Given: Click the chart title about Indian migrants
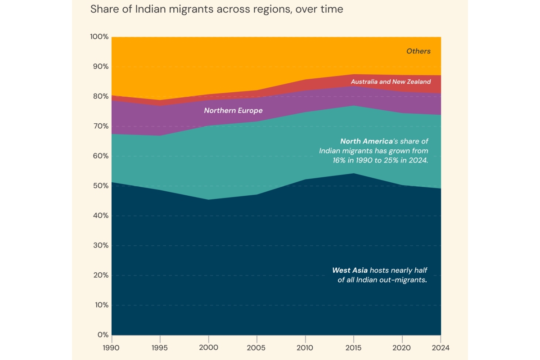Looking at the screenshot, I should (x=216, y=9).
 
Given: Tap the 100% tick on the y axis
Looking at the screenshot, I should (x=99, y=36).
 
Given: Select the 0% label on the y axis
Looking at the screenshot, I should (x=103, y=335).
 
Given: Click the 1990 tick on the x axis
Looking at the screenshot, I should (x=112, y=347).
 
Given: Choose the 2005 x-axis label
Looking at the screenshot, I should (x=256, y=347).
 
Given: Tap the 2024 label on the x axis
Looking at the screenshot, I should (x=441, y=347).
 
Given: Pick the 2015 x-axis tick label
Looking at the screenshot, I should (x=354, y=347).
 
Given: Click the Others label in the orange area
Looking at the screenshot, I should (x=418, y=51).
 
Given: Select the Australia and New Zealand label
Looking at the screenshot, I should (x=391, y=82).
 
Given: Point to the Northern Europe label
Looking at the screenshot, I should (x=233, y=111).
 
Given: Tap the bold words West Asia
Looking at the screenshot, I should (x=350, y=270).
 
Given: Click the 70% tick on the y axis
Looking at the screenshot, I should (x=101, y=126).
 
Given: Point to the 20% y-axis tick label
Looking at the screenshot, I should (x=101, y=275).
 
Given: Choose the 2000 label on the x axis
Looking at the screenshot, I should (x=208, y=347).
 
